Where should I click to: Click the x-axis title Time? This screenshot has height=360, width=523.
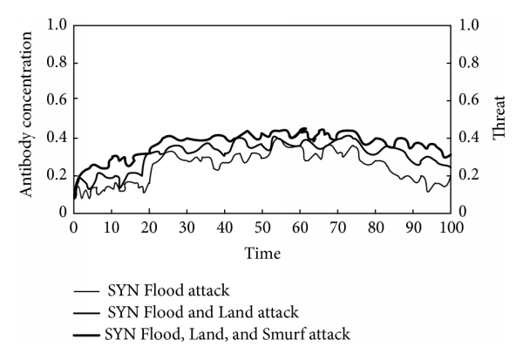pos(262,252)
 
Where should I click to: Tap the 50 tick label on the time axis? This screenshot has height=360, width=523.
pos(262,227)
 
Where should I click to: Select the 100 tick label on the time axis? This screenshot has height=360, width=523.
pos(451,227)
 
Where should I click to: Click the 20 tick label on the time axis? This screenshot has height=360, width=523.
pos(149,227)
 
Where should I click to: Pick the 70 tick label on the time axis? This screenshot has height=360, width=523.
pos(338,227)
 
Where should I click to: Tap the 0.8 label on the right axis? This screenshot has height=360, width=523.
pos(469,63)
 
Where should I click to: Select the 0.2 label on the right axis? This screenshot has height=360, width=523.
pos(469,175)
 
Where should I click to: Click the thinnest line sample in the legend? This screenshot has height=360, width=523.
pos(86,291)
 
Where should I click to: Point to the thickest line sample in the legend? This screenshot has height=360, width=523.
pos(86,333)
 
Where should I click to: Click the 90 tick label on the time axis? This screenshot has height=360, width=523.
pos(413,227)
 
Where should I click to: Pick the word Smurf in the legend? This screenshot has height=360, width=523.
pos(282,332)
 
